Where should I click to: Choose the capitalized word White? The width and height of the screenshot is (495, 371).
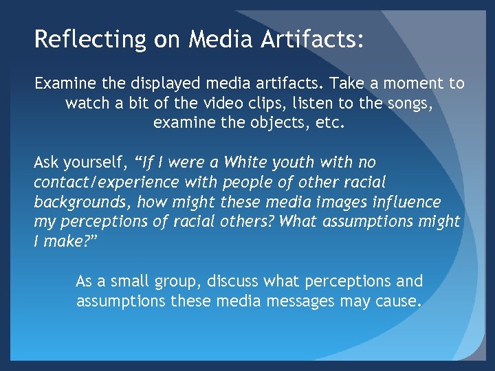(250, 163)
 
